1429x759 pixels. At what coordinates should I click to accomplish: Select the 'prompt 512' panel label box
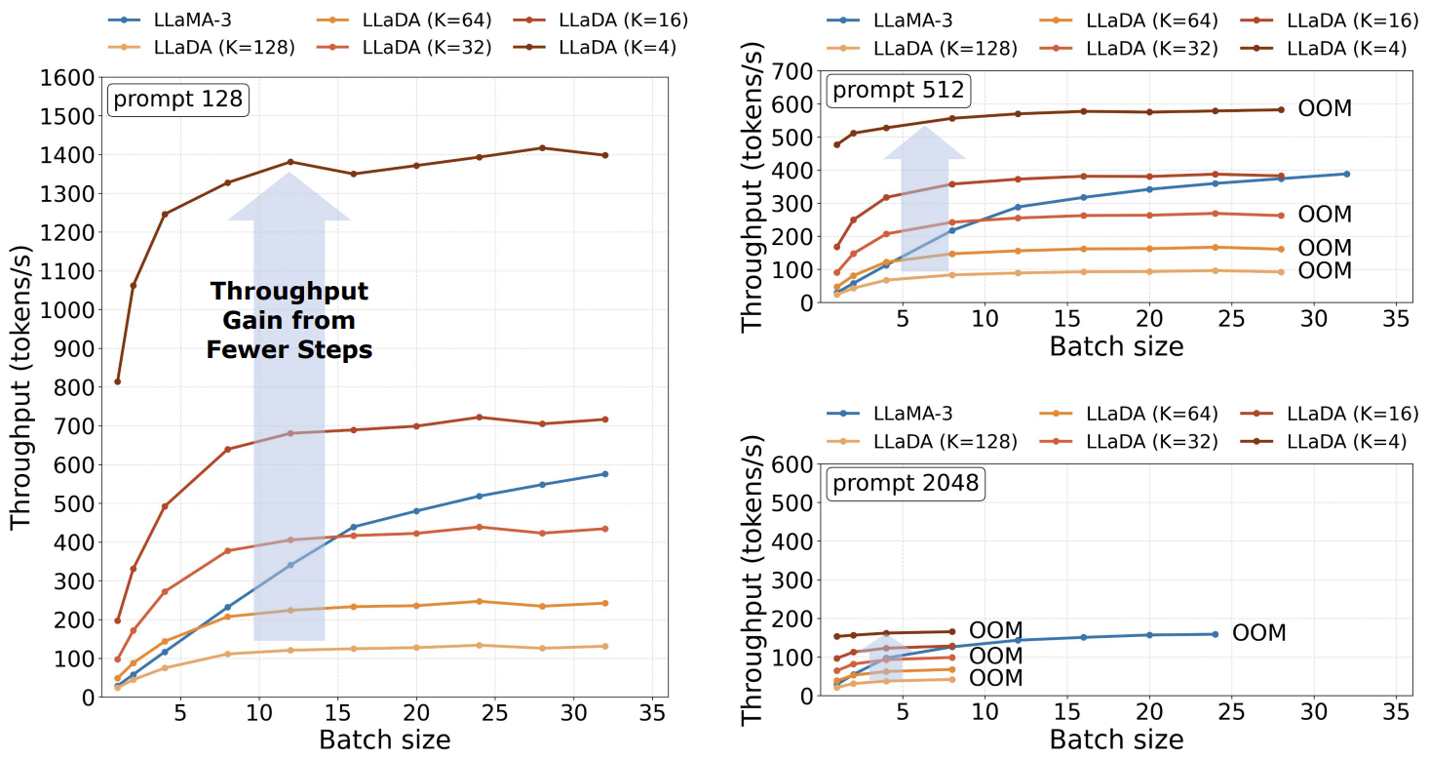click(896, 91)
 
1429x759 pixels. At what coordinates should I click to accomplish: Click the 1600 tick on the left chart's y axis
click(67, 77)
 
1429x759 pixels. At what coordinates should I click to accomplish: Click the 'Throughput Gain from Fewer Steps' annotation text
click(290, 320)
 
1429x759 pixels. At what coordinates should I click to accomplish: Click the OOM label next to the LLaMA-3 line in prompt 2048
click(1258, 633)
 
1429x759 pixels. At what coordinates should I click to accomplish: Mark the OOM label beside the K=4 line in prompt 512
click(1325, 108)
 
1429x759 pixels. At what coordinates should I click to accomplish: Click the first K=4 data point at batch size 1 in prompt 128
click(117, 381)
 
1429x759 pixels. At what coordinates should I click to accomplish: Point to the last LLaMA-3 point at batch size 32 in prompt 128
click(605, 474)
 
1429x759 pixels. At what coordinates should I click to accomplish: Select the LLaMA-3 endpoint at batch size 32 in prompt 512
click(1346, 174)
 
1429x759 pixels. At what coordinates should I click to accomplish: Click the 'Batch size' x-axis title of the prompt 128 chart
click(384, 739)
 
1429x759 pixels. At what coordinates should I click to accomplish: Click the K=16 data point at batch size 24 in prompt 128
click(479, 418)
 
